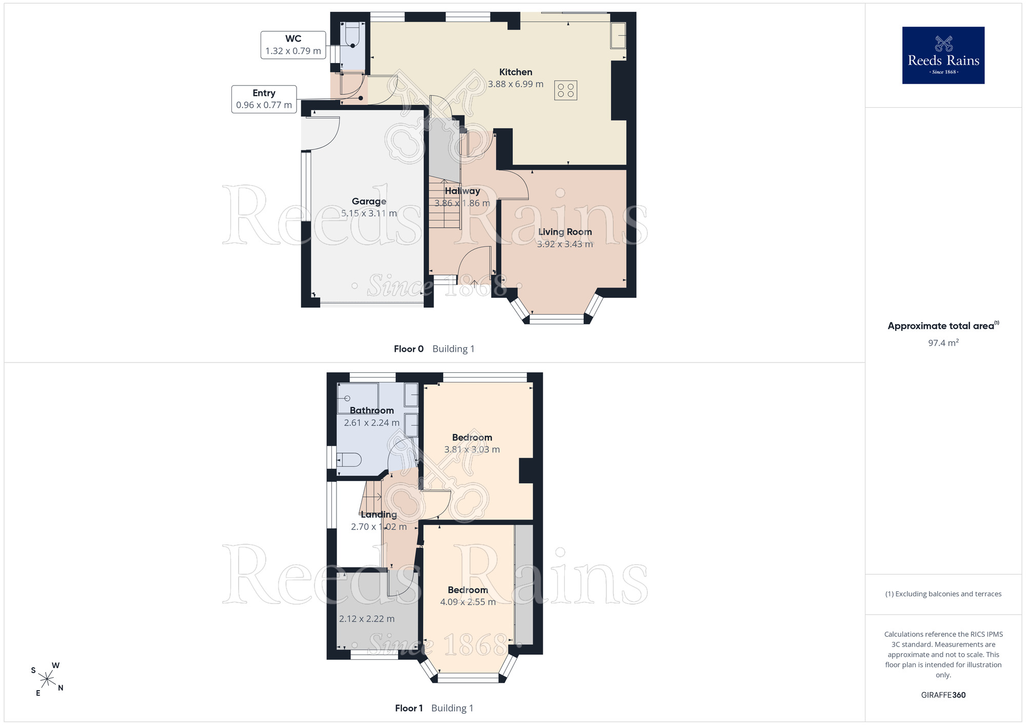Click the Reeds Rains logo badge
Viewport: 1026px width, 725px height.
[943, 55]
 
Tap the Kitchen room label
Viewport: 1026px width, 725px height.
[516, 72]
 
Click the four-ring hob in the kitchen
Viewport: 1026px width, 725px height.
[566, 90]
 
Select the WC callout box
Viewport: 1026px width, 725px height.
[293, 45]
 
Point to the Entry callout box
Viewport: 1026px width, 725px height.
[264, 99]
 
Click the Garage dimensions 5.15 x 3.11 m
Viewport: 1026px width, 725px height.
[369, 213]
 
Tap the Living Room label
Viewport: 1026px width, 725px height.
[565, 232]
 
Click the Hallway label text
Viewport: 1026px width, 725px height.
[463, 191]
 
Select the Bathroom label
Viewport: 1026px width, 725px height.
[372, 410]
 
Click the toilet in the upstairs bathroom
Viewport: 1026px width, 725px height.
[349, 460]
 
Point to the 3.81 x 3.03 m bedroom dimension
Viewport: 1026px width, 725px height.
[472, 450]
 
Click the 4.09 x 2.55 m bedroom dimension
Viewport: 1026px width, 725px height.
[468, 602]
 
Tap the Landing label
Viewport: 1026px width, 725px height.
[379, 514]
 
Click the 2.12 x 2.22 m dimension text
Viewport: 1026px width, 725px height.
[367, 619]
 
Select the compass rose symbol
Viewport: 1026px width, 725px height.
[47, 680]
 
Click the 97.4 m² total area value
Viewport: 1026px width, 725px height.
[943, 343]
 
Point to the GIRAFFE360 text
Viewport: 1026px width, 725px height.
[943, 695]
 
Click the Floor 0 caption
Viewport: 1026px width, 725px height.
[409, 349]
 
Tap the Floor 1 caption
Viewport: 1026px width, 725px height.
[409, 708]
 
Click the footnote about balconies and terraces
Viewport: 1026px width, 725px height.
[943, 594]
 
